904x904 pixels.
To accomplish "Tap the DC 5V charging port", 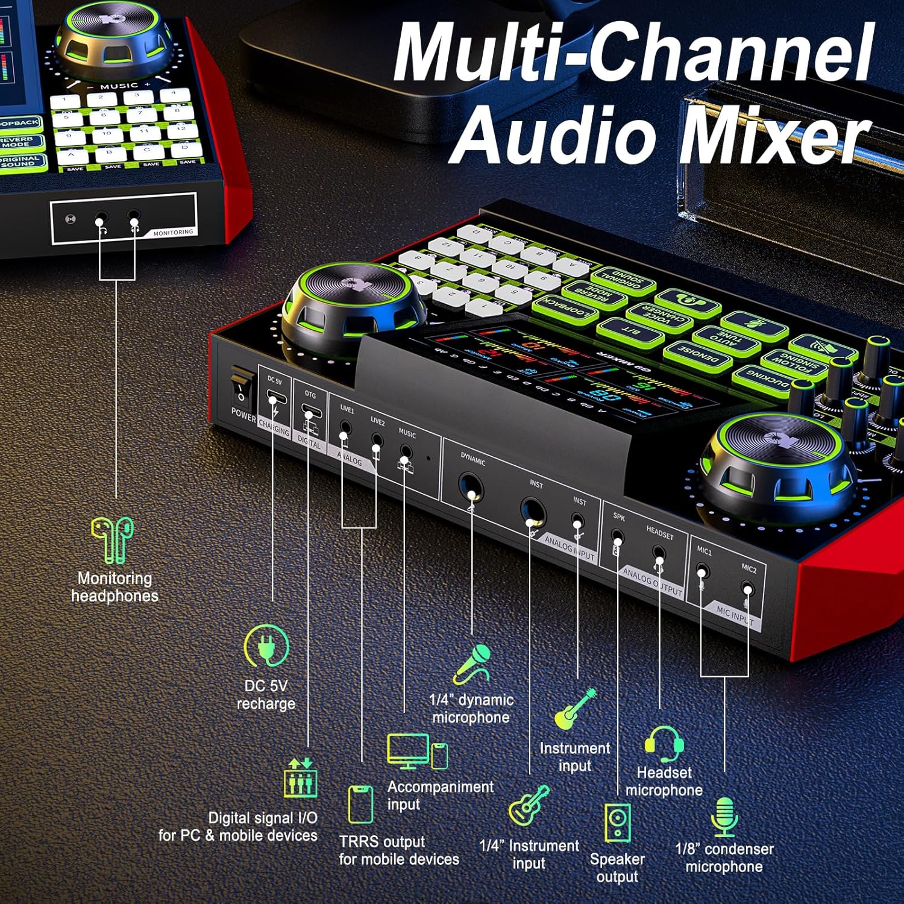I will (275, 401).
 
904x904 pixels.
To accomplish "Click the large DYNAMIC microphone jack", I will (469, 487).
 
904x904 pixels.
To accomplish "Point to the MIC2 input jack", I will (747, 589).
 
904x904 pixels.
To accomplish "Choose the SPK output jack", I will (617, 537).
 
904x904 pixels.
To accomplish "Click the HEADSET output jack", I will (659, 553).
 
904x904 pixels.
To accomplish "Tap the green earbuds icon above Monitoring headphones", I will (113, 539).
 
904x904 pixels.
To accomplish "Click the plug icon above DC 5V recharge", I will (266, 646).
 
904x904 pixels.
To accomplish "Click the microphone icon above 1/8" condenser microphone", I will (724, 817).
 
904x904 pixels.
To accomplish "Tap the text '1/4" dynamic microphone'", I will (471, 709).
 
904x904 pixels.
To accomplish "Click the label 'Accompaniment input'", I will (440, 796).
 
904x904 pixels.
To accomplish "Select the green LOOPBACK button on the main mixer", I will (565, 307).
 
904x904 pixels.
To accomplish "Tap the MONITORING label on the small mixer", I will (173, 232).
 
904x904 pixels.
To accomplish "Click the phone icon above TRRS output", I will (360, 804).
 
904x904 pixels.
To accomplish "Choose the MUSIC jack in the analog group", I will (406, 451).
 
